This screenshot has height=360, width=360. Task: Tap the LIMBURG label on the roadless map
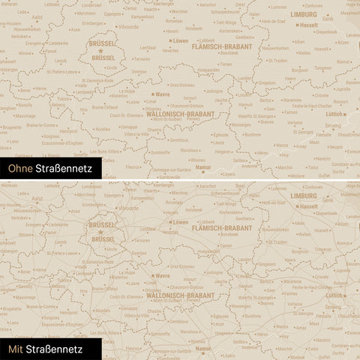click(304, 14)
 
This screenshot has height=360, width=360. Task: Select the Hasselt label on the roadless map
click(308, 25)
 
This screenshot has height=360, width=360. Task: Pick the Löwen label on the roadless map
click(180, 40)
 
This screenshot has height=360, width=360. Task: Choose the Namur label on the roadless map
click(203, 167)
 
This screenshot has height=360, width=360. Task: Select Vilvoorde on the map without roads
click(129, 26)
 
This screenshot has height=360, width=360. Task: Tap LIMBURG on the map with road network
click(304, 195)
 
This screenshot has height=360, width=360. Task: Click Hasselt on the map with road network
click(308, 205)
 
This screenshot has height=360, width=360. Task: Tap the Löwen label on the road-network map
click(180, 222)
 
